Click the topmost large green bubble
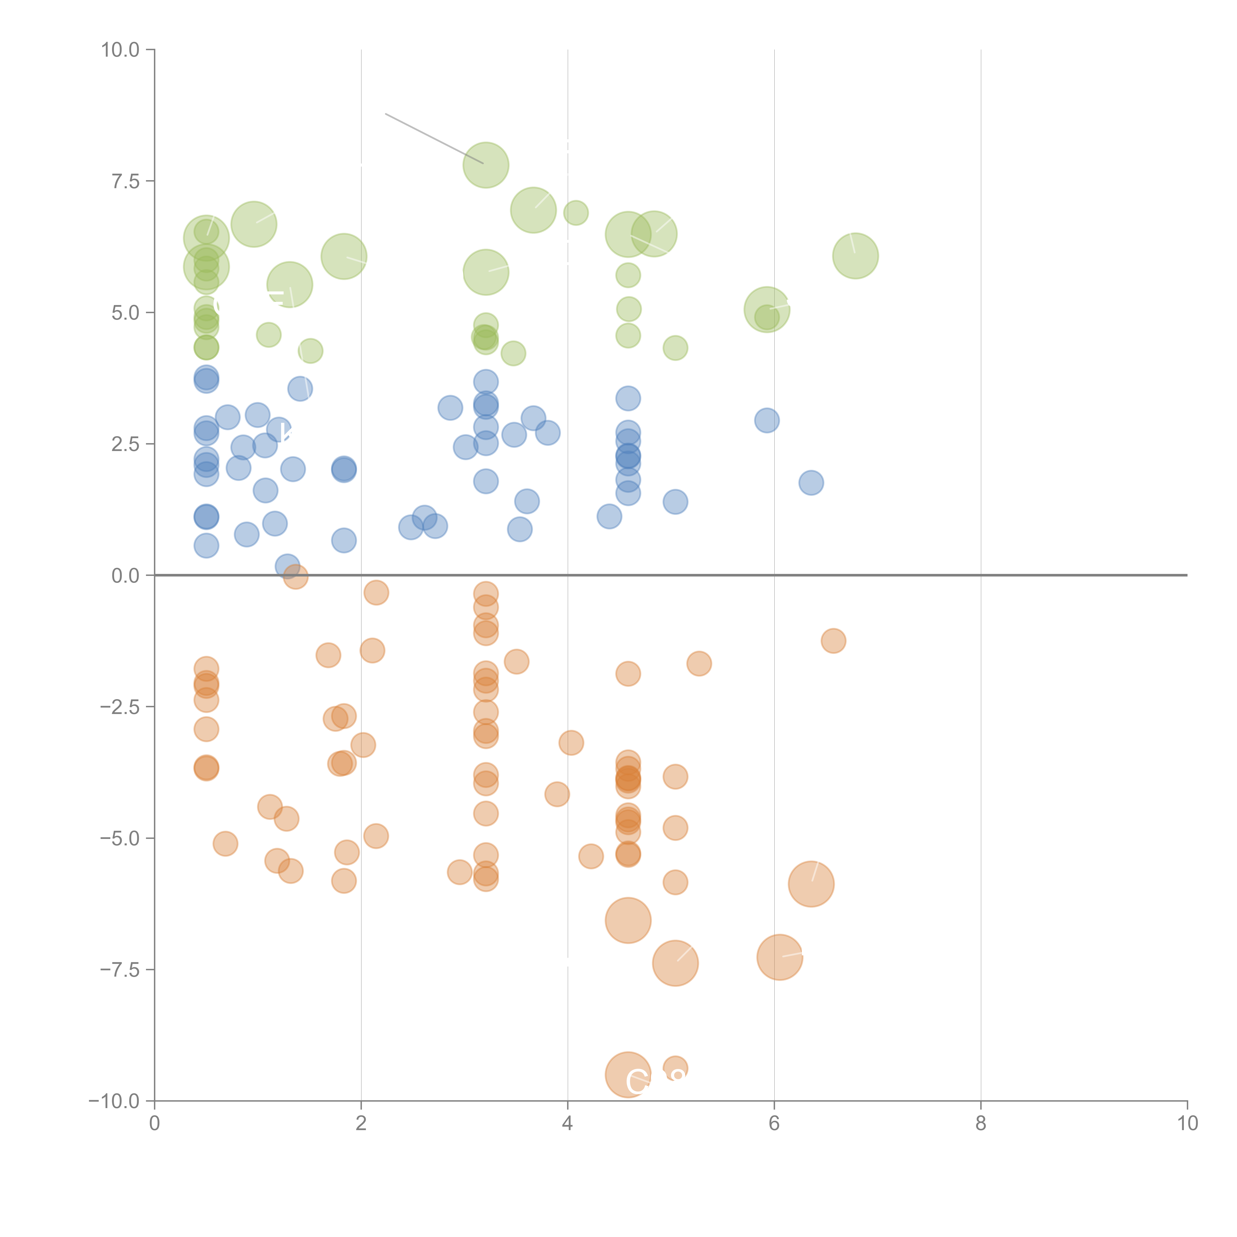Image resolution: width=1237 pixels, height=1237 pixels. (486, 165)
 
